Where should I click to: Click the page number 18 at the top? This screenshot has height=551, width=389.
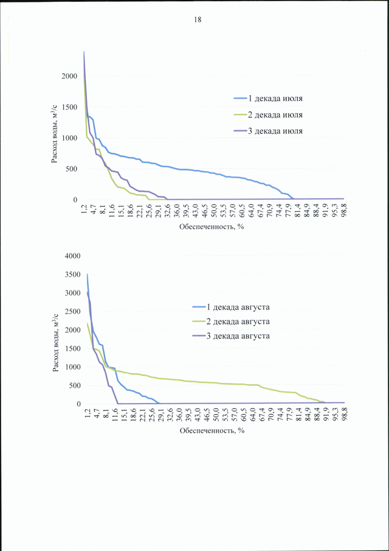pos(198,19)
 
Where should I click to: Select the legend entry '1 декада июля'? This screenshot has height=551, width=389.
pos(268,99)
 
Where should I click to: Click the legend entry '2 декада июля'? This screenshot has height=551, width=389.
pos(268,114)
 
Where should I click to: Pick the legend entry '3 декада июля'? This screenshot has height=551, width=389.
pos(268,130)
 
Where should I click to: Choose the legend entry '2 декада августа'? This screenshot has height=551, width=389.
pos(231,321)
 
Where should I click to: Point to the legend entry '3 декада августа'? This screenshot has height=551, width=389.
pos(231,336)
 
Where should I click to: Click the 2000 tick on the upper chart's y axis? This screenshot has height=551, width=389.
pos(70,76)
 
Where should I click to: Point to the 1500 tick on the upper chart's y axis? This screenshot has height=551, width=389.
pos(70,107)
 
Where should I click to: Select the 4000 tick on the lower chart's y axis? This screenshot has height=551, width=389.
pos(73,256)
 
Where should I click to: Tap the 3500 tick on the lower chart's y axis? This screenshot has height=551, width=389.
pos(73,275)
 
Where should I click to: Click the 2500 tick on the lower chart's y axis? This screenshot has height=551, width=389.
pos(73,312)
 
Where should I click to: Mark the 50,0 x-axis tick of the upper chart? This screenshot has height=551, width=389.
pos(213,210)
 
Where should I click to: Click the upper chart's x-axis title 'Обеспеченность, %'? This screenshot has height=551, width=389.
pos(212,226)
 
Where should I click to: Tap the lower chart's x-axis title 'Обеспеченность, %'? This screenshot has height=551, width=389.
pos(212,430)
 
